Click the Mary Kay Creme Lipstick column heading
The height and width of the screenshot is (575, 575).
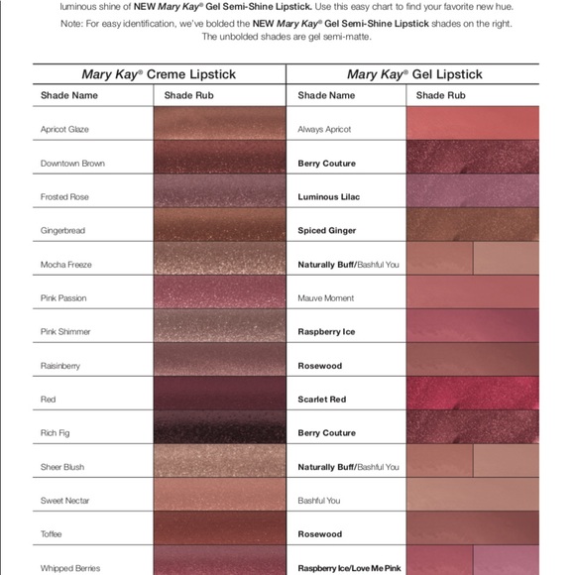pyautogui.click(x=160, y=74)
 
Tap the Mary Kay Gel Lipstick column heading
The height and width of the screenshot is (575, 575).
pyautogui.click(x=414, y=74)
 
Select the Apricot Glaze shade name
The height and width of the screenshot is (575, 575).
pyautogui.click(x=64, y=130)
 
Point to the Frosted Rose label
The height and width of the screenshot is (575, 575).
pyautogui.click(x=64, y=197)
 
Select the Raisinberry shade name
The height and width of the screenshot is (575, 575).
pyautogui.click(x=60, y=366)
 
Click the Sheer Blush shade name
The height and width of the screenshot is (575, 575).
pyautogui.click(x=62, y=467)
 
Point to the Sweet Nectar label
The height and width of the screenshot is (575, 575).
pyautogui.click(x=63, y=501)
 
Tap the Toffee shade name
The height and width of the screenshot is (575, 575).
pyautogui.click(x=52, y=534)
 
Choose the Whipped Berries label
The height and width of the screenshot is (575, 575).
pyautogui.click(x=70, y=568)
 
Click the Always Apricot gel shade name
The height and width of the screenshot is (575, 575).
pyautogui.click(x=324, y=130)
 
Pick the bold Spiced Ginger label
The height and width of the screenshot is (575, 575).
pyautogui.click(x=327, y=231)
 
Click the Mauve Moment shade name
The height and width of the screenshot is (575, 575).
pyautogui.click(x=325, y=298)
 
